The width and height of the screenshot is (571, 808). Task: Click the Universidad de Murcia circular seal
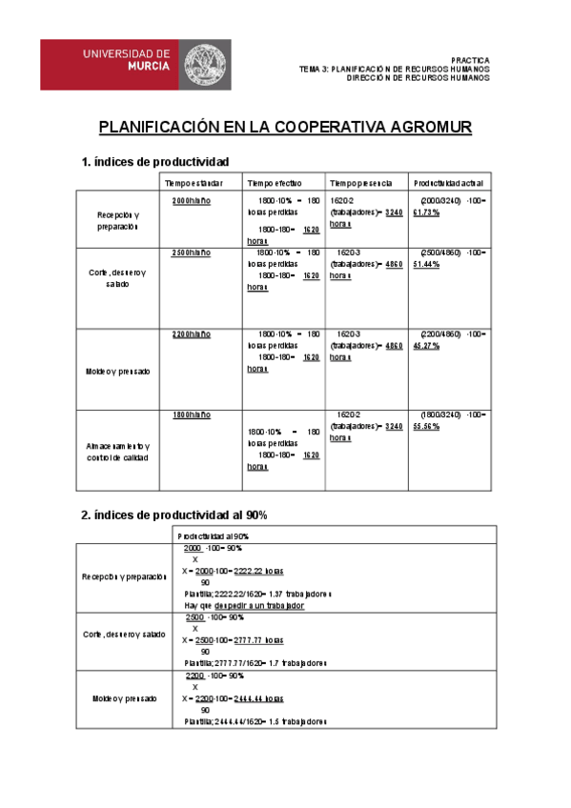(x=204, y=65)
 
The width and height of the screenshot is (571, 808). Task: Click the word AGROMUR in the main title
(x=422, y=127)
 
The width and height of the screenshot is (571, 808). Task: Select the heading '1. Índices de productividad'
(x=156, y=162)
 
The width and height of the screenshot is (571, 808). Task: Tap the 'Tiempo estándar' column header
(x=194, y=182)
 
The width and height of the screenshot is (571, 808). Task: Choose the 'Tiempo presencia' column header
(x=358, y=182)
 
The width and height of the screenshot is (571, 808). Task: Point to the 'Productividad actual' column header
(x=448, y=182)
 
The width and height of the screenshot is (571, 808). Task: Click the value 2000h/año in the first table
(x=192, y=201)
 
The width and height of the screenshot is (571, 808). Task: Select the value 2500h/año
(x=192, y=252)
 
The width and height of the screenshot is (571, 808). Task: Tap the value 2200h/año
(x=192, y=334)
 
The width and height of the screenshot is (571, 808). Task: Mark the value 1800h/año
(x=192, y=416)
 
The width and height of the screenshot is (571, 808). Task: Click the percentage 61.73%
(x=426, y=212)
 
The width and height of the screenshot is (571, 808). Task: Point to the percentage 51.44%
(x=426, y=264)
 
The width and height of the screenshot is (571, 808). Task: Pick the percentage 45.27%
(x=426, y=346)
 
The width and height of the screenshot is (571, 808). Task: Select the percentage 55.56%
(x=426, y=428)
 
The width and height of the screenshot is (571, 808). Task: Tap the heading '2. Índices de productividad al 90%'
(x=174, y=515)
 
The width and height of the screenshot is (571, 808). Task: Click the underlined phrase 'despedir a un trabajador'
(x=259, y=606)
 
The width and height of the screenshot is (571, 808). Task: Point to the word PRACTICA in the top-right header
(x=470, y=59)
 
